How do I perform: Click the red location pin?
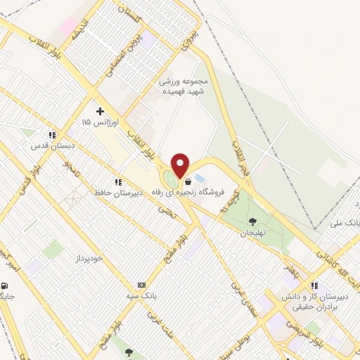(x=181, y=165)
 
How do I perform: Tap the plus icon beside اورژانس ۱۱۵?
(x=101, y=111)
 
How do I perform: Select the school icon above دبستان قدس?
(x=51, y=135)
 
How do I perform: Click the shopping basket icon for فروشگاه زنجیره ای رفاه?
(x=188, y=181)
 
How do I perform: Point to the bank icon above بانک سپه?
(x=141, y=285)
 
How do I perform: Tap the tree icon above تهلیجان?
(x=252, y=222)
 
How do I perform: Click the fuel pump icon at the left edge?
(x=6, y=286)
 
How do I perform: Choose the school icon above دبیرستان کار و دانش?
(x=314, y=285)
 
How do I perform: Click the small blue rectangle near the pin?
(x=200, y=178)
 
